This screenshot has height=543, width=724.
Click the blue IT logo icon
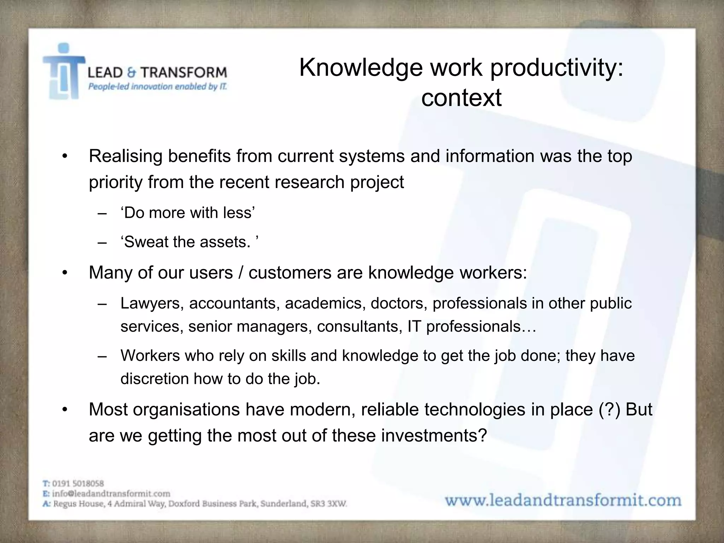click(64, 72)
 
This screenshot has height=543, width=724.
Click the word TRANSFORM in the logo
click(184, 72)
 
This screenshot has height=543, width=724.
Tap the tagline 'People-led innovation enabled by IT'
click(157, 87)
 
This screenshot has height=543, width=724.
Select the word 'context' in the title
click(461, 98)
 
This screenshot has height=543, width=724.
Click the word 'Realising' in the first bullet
click(125, 156)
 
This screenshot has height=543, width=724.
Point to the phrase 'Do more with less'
click(188, 213)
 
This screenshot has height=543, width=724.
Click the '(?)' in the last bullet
click(609, 409)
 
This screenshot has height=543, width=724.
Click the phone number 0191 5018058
click(78, 483)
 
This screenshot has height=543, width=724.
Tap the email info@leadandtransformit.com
click(111, 494)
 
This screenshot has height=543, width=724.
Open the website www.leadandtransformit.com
click(563, 501)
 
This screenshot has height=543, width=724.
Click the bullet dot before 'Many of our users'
click(64, 273)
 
